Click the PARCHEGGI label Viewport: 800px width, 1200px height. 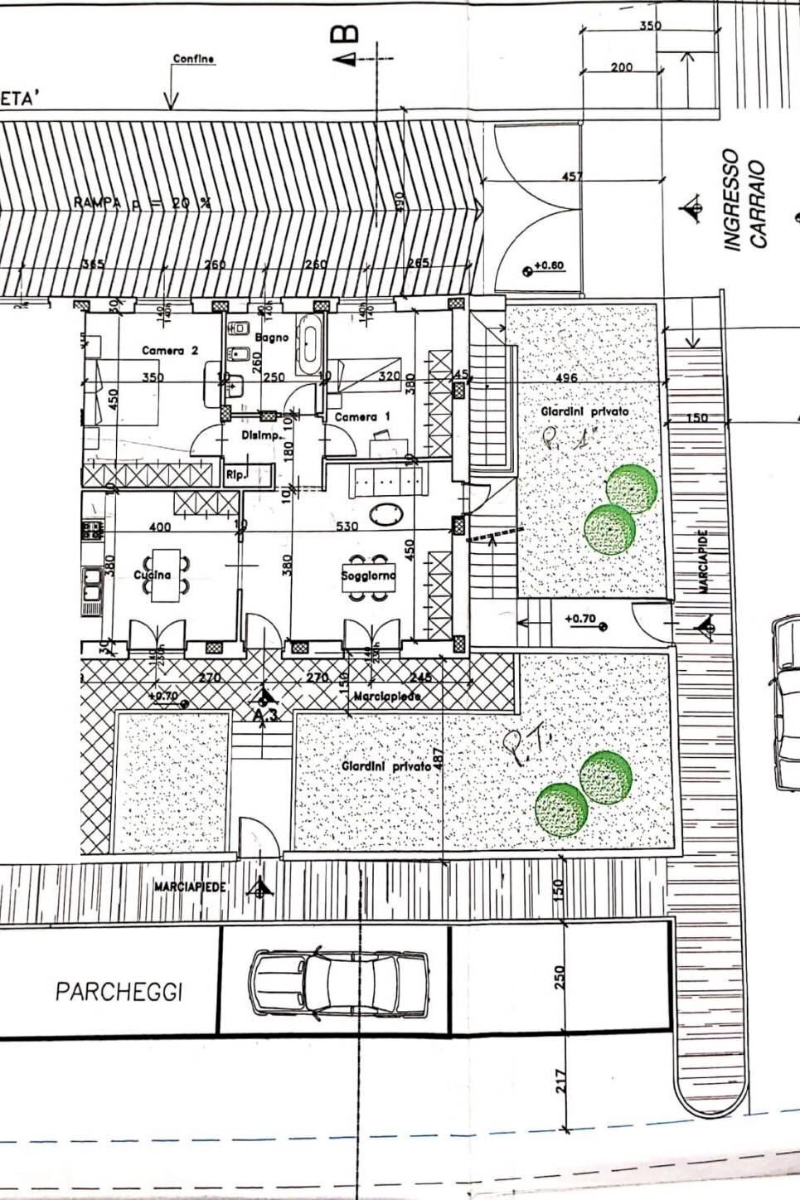(x=119, y=992)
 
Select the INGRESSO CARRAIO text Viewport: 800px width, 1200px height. (x=744, y=200)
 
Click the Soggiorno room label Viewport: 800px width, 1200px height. (x=368, y=575)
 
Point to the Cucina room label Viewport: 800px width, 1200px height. (x=153, y=575)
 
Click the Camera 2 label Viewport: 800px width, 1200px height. (x=170, y=351)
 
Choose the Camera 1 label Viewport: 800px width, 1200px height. (x=361, y=417)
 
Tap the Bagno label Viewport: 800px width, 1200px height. (x=272, y=338)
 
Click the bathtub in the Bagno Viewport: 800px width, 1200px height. (x=311, y=343)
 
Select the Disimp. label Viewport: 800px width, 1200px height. (x=258, y=435)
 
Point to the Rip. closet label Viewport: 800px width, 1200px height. (x=234, y=475)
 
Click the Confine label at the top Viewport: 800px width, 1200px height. (x=193, y=59)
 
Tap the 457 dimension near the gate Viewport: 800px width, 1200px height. (x=572, y=177)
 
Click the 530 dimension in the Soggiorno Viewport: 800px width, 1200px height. (x=347, y=527)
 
